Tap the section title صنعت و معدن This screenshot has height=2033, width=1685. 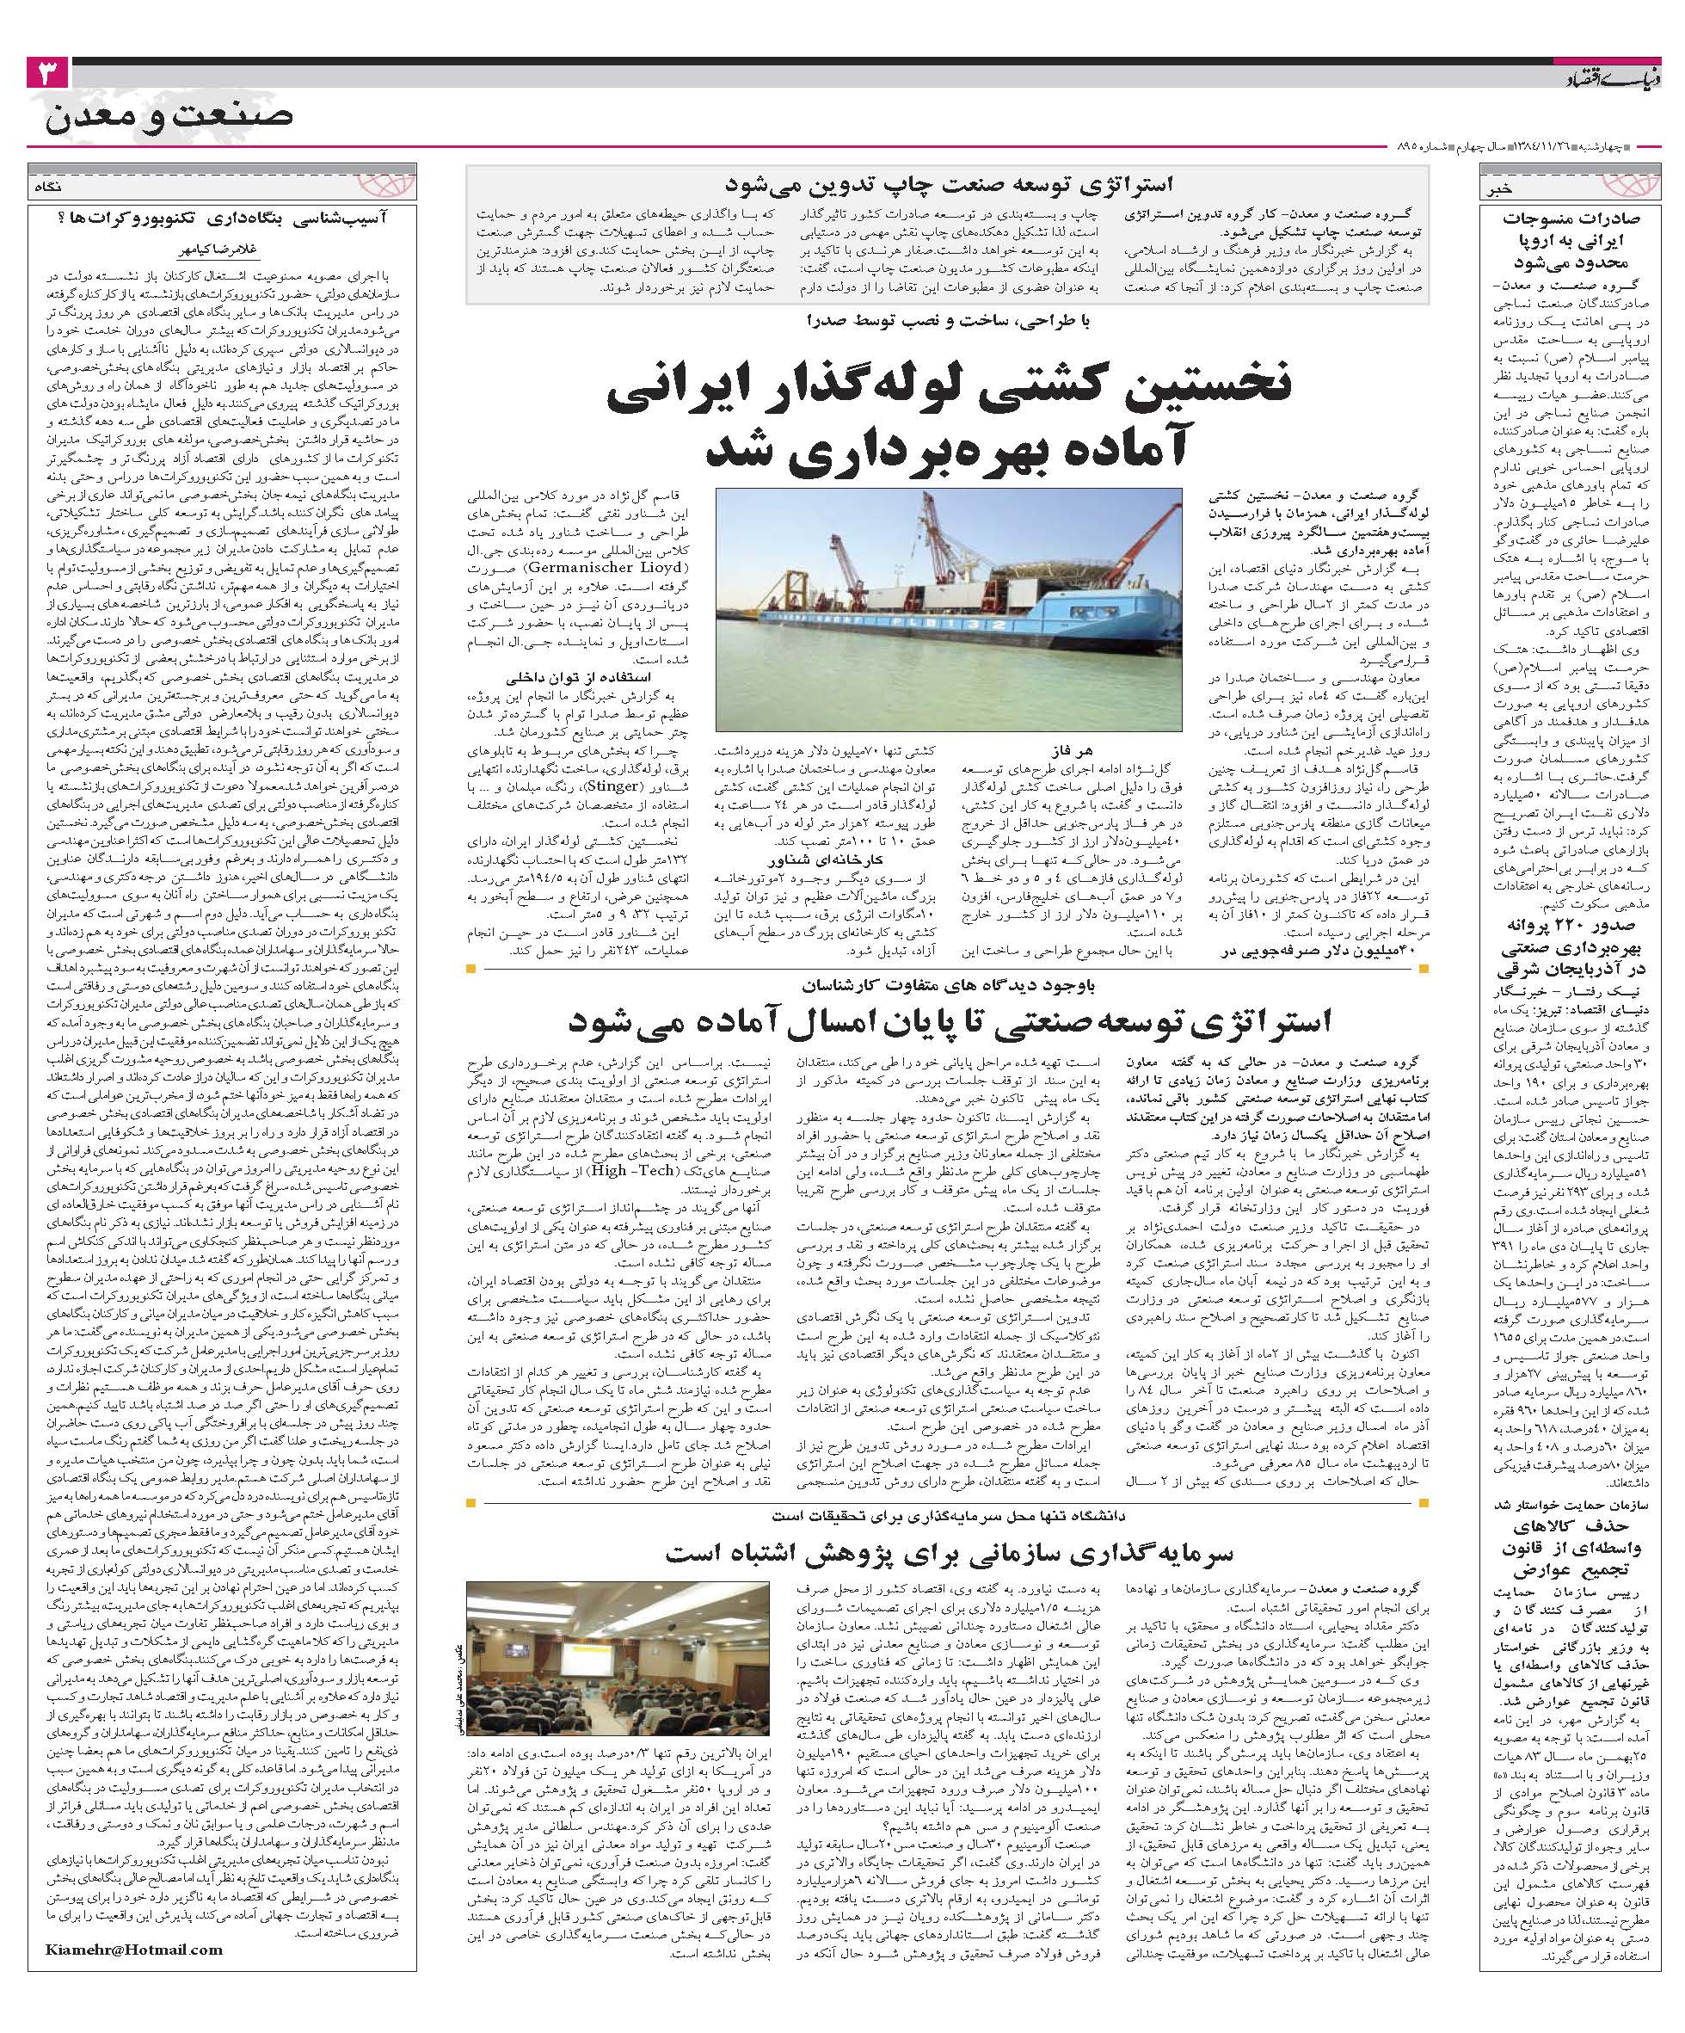[169, 116]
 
